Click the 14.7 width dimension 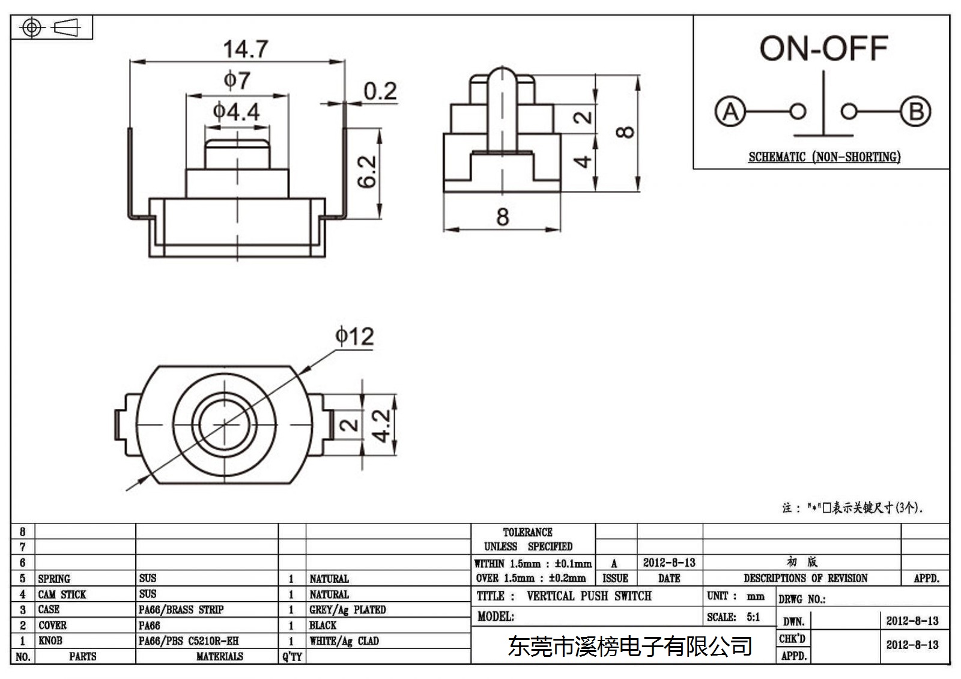click(x=246, y=49)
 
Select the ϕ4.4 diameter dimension click(x=237, y=112)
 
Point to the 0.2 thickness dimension click(x=380, y=91)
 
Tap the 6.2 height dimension click(x=367, y=172)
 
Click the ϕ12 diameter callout click(x=354, y=336)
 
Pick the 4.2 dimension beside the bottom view click(x=381, y=426)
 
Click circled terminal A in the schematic click(x=730, y=111)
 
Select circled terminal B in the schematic click(x=915, y=111)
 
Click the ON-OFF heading click(x=823, y=48)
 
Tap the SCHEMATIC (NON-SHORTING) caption click(x=825, y=157)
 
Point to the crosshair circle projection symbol click(x=32, y=28)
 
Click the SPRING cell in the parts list click(x=54, y=579)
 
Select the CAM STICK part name click(x=62, y=594)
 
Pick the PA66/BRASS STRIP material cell click(x=181, y=610)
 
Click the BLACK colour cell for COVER click(x=323, y=626)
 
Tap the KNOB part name click(x=50, y=641)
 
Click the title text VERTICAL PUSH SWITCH click(x=589, y=596)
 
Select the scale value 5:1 click(x=753, y=617)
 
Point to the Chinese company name click(x=630, y=647)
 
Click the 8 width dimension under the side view click(x=503, y=217)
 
